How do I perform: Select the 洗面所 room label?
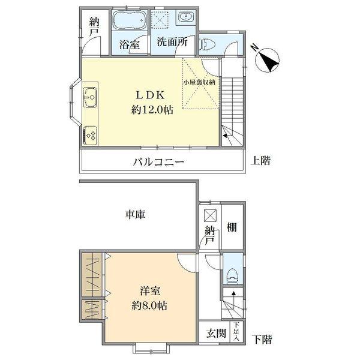pos(171,43)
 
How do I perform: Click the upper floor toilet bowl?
pos(206,43)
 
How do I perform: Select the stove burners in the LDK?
pos(91,134)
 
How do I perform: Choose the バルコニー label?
pos(158,162)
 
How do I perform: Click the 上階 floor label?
pos(260,161)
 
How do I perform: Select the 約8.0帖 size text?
pos(150,305)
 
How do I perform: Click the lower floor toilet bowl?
pos(232,273)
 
